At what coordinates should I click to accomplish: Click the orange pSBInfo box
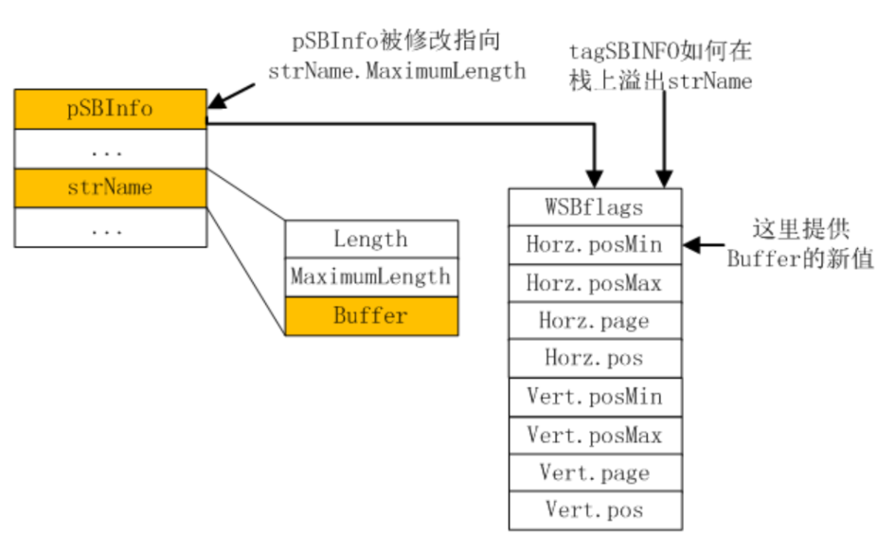click(110, 109)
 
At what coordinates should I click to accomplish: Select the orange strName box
click(110, 188)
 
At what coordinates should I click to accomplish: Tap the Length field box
click(370, 240)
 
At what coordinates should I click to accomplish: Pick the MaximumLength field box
click(370, 277)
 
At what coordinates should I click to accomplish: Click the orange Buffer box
click(370, 316)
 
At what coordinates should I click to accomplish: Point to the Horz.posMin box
click(595, 245)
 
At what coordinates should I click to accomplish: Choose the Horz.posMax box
click(595, 283)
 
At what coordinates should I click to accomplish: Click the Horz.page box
click(595, 321)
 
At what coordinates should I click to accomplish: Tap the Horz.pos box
click(595, 359)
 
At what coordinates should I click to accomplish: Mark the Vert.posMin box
click(595, 397)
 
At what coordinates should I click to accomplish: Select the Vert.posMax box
click(595, 435)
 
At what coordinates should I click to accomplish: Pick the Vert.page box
click(595, 473)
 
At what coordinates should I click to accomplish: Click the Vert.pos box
click(595, 510)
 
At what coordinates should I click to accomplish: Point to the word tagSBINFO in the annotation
click(620, 51)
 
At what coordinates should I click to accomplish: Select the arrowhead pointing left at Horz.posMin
click(691, 245)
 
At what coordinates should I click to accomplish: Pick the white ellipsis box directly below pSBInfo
click(110, 149)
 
